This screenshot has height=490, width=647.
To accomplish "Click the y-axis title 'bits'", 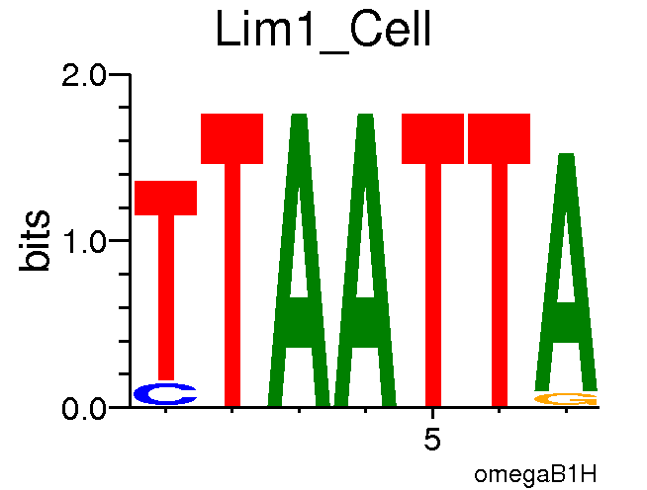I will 38,240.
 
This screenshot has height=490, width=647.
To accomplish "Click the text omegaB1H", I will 535,473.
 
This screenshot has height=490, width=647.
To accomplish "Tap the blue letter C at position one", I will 165,394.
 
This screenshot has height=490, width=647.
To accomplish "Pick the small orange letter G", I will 566,399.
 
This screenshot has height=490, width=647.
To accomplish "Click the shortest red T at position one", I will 166,277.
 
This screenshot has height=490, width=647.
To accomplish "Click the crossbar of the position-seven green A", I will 566,321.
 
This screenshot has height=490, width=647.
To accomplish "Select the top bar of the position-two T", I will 232,138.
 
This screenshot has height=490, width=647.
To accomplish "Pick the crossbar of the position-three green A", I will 299,321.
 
